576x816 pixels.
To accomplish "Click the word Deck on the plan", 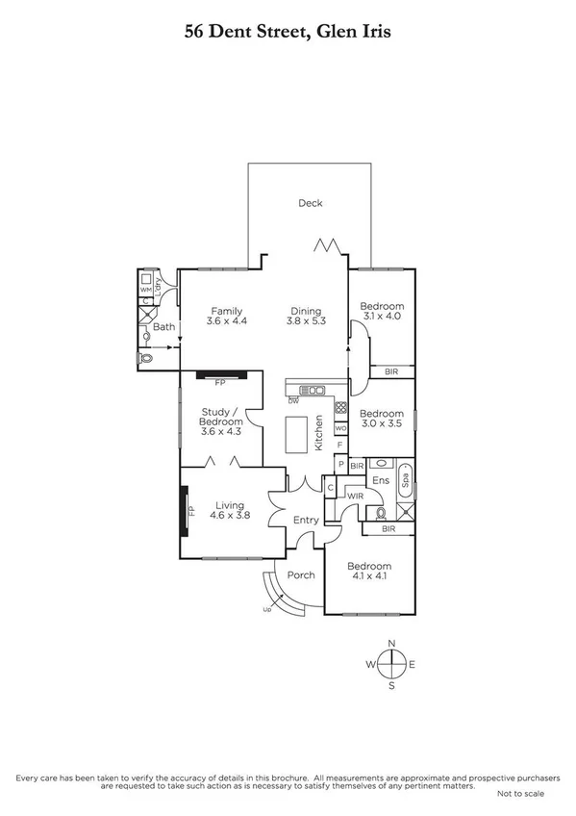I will (x=310, y=203).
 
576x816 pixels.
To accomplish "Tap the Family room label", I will (x=226, y=316).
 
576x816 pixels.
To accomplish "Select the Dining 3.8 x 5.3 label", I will (x=307, y=316).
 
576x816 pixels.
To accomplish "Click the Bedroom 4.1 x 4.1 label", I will (x=369, y=572).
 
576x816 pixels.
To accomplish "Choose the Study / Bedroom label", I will (x=220, y=421).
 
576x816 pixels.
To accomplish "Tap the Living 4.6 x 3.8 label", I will (x=230, y=510).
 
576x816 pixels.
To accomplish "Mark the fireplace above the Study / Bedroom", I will (x=221, y=374).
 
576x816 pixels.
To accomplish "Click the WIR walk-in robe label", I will (x=355, y=497).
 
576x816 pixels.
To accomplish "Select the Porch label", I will (x=301, y=576).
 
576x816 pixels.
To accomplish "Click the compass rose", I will (x=391, y=664).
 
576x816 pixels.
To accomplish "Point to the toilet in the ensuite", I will (x=381, y=512).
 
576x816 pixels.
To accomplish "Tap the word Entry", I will (x=306, y=521).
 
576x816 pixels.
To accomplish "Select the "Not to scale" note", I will (x=520, y=794).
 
